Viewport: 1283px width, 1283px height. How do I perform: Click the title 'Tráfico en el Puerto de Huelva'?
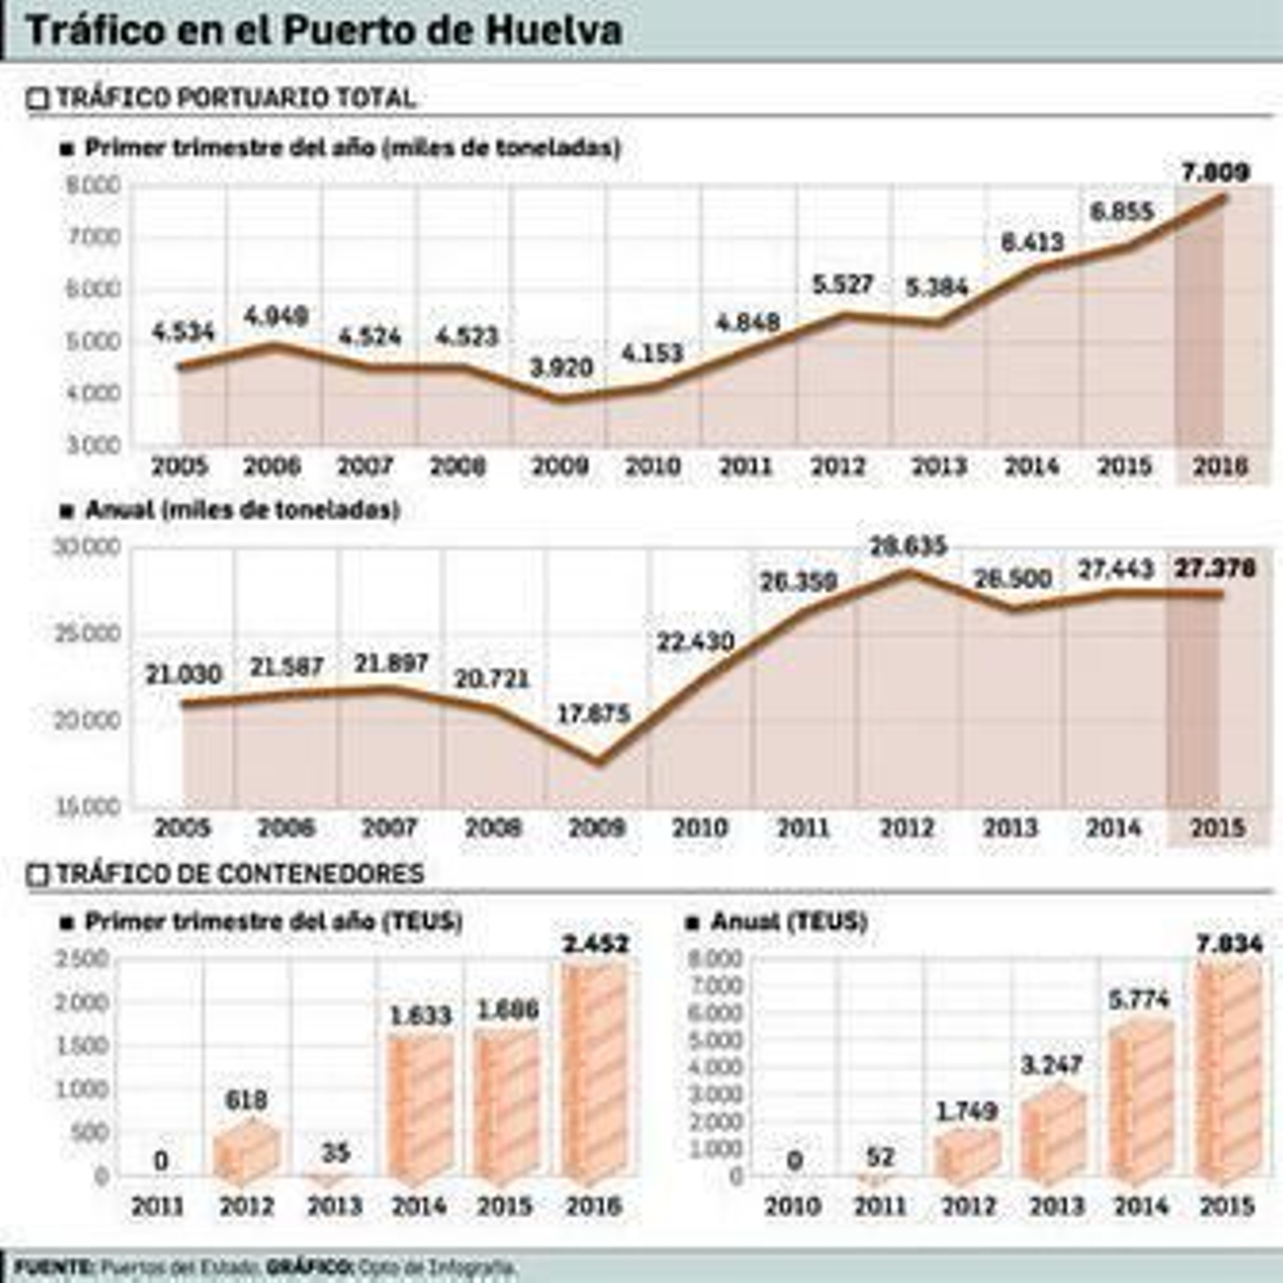pos(324,30)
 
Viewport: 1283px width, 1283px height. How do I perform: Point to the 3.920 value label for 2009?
pos(561,368)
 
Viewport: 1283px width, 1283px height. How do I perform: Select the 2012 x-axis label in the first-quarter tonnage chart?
pos(839,467)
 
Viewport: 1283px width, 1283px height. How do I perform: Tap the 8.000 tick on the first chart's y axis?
pos(93,186)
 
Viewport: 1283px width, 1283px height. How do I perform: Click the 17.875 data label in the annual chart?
pos(593,714)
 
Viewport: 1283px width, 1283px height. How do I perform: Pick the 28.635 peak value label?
pos(909,547)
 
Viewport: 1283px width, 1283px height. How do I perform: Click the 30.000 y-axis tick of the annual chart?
pos(87,548)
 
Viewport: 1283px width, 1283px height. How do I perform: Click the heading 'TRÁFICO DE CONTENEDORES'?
pos(239,873)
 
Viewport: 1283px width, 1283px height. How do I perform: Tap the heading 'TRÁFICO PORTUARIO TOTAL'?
pos(235,98)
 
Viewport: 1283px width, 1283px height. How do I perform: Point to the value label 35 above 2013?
pos(335,1153)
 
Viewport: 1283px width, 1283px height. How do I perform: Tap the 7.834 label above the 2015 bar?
pos(1228,945)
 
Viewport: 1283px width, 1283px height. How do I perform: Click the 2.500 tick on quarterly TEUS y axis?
pos(82,960)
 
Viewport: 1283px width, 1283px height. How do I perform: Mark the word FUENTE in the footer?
pos(53,1268)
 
